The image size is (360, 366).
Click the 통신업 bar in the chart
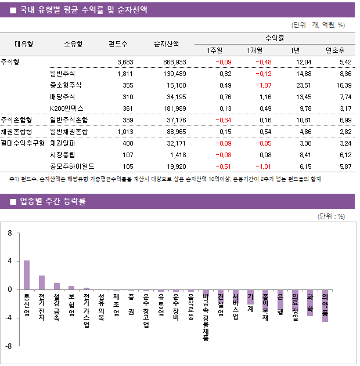coord(27,274)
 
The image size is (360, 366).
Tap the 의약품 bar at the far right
coord(325,305)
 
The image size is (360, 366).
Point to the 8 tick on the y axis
coord(10,233)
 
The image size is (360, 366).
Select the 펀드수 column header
coord(118,44)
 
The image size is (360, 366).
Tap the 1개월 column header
coord(255,50)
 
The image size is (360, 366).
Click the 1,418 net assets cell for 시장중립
coord(178,154)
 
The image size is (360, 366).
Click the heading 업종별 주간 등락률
coord(52,202)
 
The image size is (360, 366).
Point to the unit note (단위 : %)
coord(332,216)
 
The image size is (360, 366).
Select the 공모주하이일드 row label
coord(72,166)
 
